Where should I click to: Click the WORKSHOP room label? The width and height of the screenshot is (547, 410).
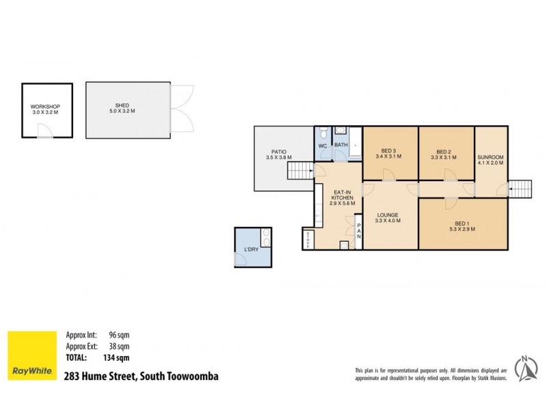pos(46,107)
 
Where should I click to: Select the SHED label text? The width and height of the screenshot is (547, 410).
pos(122,105)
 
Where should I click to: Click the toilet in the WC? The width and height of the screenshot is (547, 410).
pos(322,134)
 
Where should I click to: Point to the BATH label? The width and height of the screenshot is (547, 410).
pos(341,145)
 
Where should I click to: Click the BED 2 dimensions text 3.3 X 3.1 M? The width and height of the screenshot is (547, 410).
pos(444,156)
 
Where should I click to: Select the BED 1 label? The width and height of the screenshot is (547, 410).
pos(462,223)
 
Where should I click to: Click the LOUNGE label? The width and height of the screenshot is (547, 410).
pos(387,215)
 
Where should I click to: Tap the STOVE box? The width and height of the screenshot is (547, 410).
pos(307,240)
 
